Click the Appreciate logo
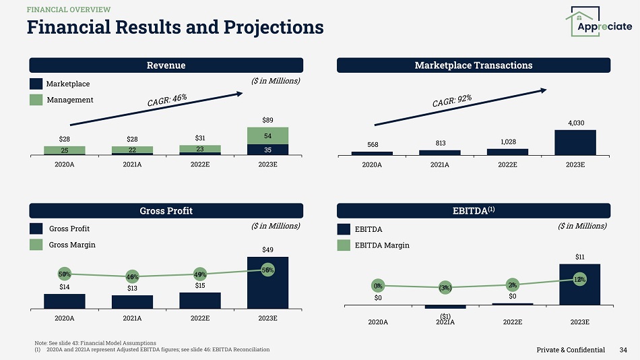(599, 23)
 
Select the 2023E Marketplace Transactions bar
(575, 142)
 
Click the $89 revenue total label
(267, 120)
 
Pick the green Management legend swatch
(36, 100)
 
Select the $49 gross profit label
(267, 249)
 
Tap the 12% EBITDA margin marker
(580, 279)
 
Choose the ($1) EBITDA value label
(445, 316)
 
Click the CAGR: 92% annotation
(451, 101)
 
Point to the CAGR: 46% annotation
(167, 101)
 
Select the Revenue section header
(166, 65)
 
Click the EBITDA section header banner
(474, 210)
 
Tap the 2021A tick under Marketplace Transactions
(439, 164)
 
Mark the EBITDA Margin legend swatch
(344, 245)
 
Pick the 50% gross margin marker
(65, 274)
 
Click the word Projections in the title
(271, 27)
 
